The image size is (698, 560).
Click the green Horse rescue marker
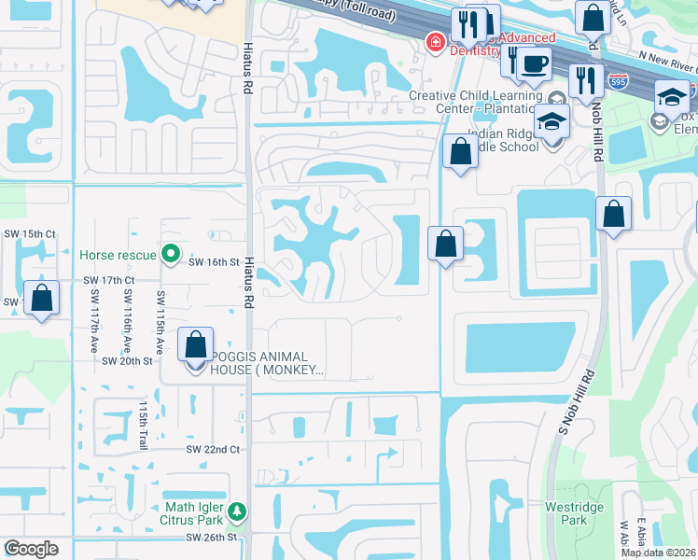point(170,253)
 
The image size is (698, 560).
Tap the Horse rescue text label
point(119,254)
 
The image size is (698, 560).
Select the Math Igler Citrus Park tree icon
point(238,511)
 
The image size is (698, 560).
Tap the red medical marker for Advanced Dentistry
point(434,41)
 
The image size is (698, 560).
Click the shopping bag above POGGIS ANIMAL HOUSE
point(195,344)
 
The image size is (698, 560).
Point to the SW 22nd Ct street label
point(214,449)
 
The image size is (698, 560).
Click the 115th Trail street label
point(144,425)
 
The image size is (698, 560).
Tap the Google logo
point(31,549)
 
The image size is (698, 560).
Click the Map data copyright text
point(659,553)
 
